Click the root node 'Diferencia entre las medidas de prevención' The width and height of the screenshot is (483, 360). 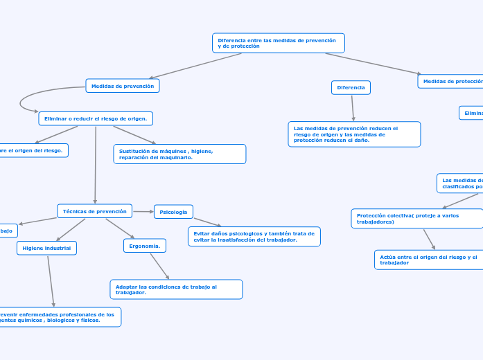coord(278,43)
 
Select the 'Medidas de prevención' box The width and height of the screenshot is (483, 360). coord(123,85)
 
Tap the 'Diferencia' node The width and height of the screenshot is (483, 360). coord(351,87)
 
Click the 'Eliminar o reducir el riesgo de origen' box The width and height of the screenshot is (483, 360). coord(96,118)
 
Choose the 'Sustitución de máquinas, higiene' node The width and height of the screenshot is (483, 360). coord(179,154)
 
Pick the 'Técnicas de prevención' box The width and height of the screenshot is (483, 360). coord(94,210)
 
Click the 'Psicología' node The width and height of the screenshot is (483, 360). coord(173,211)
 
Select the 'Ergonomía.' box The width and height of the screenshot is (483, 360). coord(145,245)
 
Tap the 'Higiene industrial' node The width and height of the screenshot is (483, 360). coord(46,247)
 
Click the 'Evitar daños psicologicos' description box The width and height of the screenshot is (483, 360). coord(254,236)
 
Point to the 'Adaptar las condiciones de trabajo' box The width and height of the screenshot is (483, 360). coord(176,289)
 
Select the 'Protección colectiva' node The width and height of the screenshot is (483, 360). coord(416,218)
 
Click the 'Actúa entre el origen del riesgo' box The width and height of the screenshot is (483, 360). coord(428,260)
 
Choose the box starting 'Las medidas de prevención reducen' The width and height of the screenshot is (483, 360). coord(354,134)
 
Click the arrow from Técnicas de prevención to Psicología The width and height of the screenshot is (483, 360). coord(143,211)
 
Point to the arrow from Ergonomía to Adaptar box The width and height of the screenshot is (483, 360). coord(159,266)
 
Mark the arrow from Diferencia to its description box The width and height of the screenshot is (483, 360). coord(353,107)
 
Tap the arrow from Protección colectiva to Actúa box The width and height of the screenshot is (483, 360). coord(429,239)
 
